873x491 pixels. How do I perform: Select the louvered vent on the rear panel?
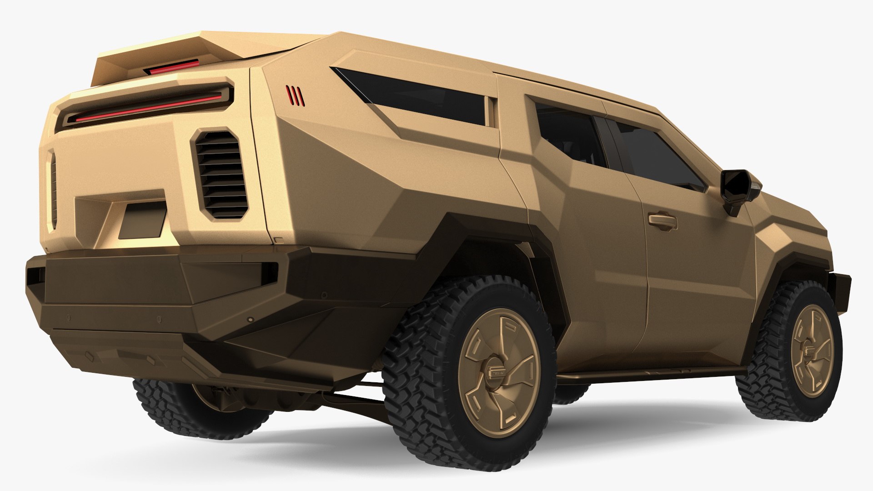point(221,174)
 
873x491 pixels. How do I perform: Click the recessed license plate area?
point(142,220)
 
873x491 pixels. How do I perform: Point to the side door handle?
point(662,220)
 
